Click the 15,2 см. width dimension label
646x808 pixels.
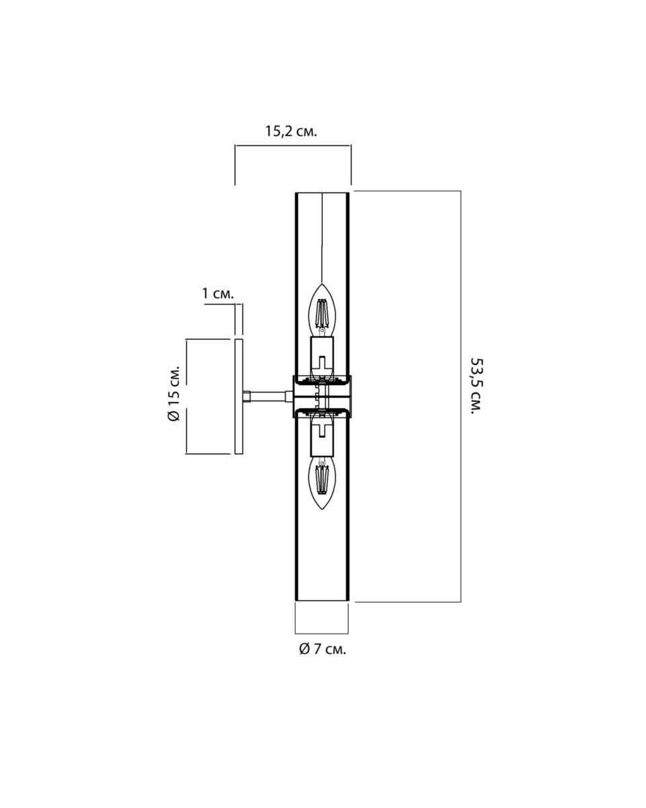coord(291,131)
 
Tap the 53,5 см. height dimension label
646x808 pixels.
coord(477,386)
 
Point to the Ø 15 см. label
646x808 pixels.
coord(174,393)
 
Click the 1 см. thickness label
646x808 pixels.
coord(218,294)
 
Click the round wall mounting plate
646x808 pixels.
coord(239,397)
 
